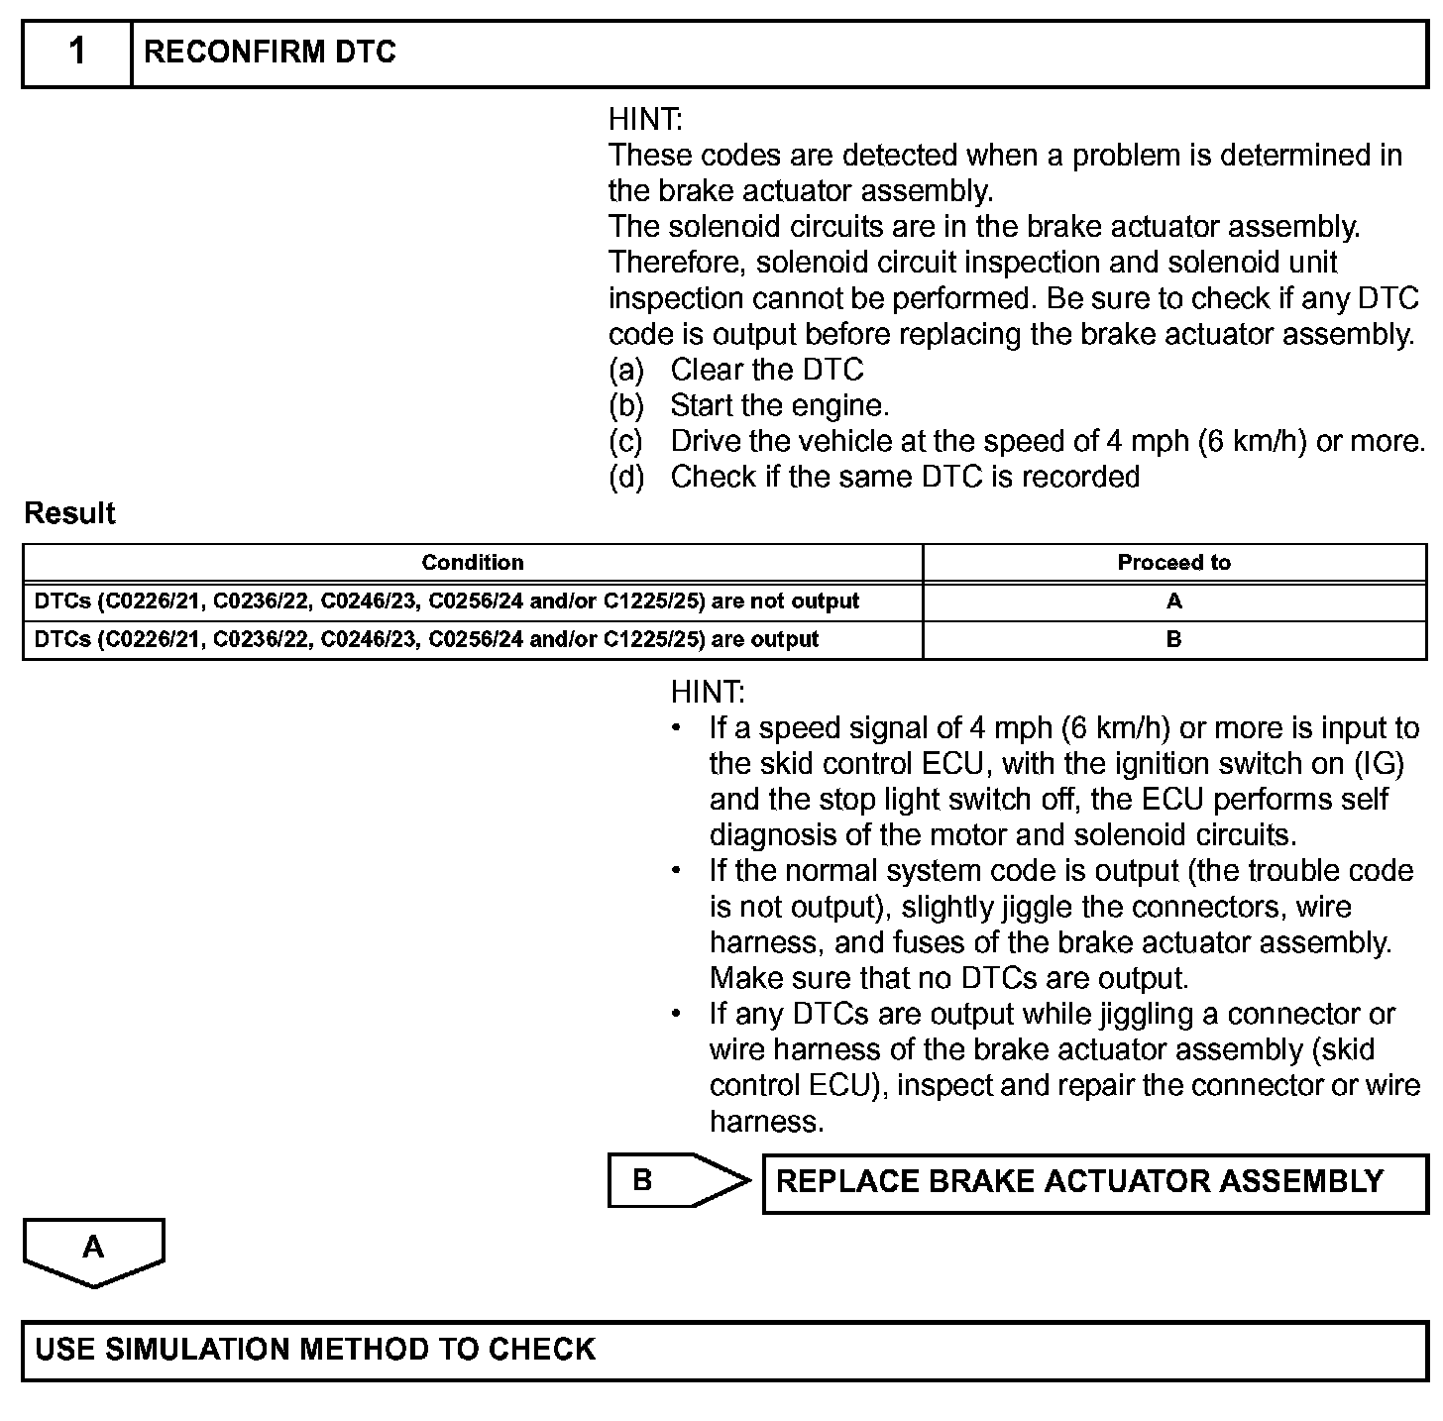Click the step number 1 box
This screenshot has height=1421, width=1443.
pyautogui.click(x=77, y=53)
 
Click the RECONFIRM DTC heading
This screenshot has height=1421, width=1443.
pyautogui.click(x=270, y=53)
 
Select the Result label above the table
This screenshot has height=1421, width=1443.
pyautogui.click(x=69, y=513)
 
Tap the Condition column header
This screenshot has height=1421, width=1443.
pyautogui.click(x=472, y=563)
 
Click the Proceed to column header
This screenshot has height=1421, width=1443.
pyautogui.click(x=1173, y=563)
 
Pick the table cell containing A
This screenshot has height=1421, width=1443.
pyautogui.click(x=1173, y=601)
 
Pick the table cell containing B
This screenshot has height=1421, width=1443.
pyautogui.click(x=1173, y=639)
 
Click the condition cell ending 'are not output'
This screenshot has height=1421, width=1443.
pyautogui.click(x=447, y=601)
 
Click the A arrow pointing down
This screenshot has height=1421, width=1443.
pyautogui.click(x=93, y=1251)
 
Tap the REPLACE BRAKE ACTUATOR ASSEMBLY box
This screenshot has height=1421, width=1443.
pyautogui.click(x=1094, y=1181)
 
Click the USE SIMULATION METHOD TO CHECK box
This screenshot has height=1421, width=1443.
pyautogui.click(x=723, y=1350)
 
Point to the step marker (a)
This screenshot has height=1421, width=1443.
pyautogui.click(x=626, y=370)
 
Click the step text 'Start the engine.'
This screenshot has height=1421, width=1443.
pyautogui.click(x=779, y=405)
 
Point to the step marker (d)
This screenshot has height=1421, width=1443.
pyautogui.click(x=626, y=477)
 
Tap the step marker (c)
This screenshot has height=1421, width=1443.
pyautogui.click(x=626, y=441)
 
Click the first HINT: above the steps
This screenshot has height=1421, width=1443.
pyautogui.click(x=645, y=120)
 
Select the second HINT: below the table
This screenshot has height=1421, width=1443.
pyautogui.click(x=708, y=692)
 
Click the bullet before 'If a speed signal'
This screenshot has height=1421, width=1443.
pyautogui.click(x=676, y=728)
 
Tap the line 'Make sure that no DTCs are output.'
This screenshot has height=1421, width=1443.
pyautogui.click(x=948, y=978)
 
